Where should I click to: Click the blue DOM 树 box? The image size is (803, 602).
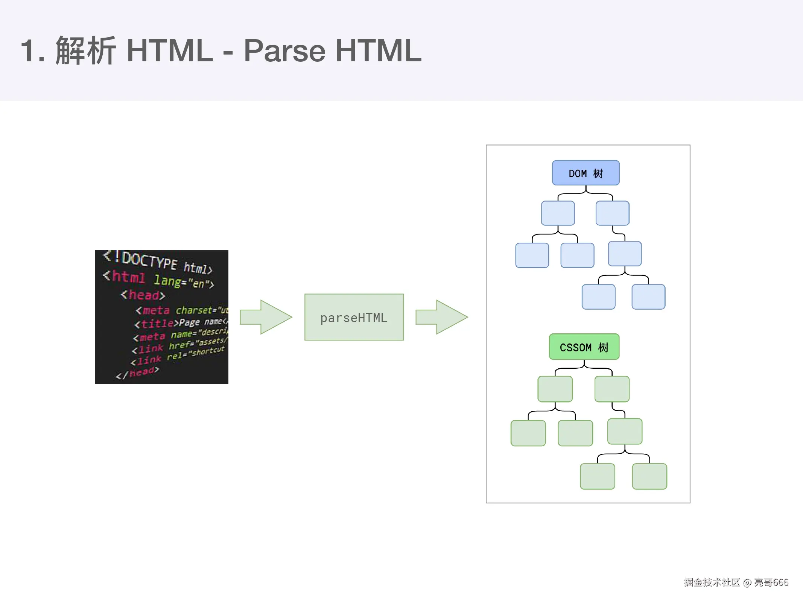click(586, 173)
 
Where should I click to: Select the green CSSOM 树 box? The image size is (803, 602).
click(584, 347)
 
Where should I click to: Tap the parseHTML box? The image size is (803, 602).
click(354, 317)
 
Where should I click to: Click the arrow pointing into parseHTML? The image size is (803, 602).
click(266, 317)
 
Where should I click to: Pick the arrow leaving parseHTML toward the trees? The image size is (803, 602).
click(441, 317)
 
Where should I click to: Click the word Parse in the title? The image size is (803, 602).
click(284, 51)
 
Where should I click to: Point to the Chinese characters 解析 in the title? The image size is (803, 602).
click(85, 51)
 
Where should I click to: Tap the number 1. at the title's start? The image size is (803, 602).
click(33, 51)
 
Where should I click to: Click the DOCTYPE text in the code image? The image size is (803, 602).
click(149, 260)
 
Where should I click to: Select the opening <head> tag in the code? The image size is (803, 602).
click(143, 295)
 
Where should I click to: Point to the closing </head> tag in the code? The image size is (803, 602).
click(138, 373)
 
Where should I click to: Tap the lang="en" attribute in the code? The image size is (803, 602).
click(183, 281)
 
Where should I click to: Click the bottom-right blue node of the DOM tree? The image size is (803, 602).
click(648, 297)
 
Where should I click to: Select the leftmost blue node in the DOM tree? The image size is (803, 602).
click(532, 255)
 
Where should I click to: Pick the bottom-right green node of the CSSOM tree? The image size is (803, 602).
click(649, 476)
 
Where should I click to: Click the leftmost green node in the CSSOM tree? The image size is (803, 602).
click(528, 433)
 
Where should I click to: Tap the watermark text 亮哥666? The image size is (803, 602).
click(771, 582)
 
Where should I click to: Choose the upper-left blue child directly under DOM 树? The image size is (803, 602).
click(558, 213)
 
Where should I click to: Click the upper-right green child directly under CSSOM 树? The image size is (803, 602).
click(612, 389)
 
